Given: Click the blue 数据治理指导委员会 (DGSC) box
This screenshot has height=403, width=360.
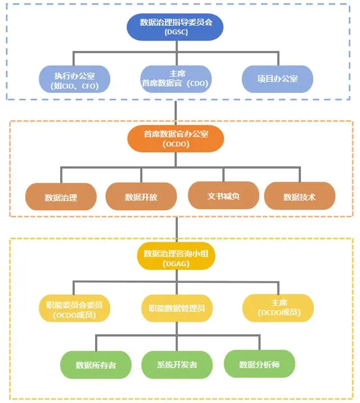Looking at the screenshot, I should [176, 27].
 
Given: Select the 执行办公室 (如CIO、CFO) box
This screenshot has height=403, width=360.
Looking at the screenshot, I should [74, 80].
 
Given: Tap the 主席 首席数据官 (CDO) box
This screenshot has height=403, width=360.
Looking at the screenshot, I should [176, 79].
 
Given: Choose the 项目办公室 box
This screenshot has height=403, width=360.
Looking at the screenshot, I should [277, 79].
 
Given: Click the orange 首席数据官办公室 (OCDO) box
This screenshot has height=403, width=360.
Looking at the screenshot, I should [176, 138].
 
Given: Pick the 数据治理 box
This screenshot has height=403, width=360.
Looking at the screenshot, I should [61, 197].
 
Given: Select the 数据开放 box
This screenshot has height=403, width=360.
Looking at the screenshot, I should [141, 197].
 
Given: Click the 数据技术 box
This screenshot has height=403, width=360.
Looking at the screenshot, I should [299, 197].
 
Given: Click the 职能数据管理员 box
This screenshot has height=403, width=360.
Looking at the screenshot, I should [176, 309].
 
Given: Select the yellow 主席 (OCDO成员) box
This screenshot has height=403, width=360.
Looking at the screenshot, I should [278, 308].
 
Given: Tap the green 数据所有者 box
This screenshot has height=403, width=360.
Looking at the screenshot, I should [96, 365].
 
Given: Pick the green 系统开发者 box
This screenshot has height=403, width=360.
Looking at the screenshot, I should [177, 365].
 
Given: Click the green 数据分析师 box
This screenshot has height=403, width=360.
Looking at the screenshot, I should [259, 364].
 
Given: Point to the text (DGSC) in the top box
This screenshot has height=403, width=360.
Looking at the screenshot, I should [176, 33].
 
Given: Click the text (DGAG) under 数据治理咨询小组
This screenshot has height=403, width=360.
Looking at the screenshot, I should [176, 264].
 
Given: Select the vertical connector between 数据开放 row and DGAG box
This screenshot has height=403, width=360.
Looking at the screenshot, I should [176, 228].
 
